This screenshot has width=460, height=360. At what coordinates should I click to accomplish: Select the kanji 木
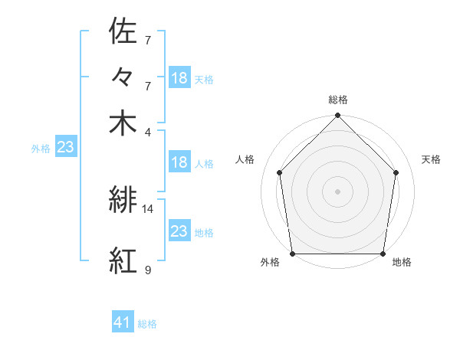123,123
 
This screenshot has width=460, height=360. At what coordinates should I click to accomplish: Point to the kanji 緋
123,201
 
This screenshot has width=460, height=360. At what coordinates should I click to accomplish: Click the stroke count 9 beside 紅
148,270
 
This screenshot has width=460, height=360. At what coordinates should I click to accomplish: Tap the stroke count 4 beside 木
148,131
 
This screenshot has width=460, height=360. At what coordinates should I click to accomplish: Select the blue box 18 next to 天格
179,77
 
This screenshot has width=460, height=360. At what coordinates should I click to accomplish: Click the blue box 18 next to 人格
179,162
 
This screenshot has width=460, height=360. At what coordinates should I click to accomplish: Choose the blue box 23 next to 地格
179,231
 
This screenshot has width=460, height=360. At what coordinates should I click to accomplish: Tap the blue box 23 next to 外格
65,147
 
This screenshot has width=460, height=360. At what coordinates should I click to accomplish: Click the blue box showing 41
123,322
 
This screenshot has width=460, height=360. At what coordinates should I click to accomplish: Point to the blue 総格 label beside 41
147,324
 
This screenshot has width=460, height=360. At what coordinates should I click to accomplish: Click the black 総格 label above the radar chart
338,100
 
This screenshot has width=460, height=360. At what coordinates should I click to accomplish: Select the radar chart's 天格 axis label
432,159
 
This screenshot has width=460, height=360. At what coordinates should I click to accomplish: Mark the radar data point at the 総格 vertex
338,116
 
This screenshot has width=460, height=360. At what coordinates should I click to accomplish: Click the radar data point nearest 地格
383,254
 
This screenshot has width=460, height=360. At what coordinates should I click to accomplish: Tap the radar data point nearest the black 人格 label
280,172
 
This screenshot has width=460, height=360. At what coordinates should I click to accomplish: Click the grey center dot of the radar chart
338,191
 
